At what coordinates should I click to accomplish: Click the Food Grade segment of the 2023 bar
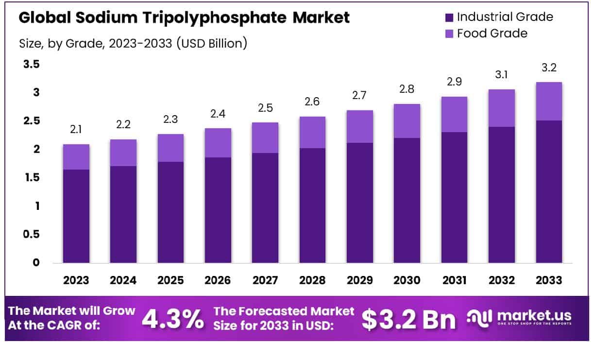coord(76,157)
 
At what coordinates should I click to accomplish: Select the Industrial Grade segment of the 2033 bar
coord(548,192)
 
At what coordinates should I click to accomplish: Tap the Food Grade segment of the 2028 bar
coord(312,132)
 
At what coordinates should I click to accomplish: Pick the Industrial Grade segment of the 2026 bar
coord(218,210)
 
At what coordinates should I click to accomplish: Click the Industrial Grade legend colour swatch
coord(449,17)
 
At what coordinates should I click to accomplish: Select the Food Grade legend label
coord(492,34)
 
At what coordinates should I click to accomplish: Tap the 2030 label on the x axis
coord(407,280)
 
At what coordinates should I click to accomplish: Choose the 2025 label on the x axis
coord(170,280)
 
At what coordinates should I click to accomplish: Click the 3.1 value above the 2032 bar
coord(501,75)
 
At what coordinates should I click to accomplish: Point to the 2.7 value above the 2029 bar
coord(359,96)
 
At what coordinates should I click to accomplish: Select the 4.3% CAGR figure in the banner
coord(173,319)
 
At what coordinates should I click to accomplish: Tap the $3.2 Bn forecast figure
coord(409,319)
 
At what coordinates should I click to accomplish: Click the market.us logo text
coord(533,316)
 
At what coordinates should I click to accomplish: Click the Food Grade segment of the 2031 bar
coord(454,114)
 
